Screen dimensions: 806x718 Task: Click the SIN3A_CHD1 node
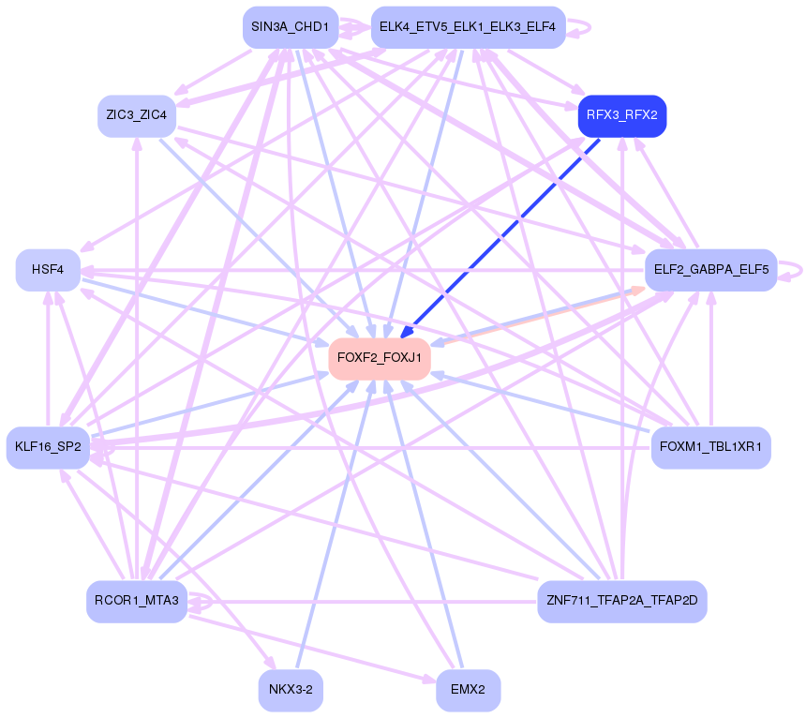pyautogui.click(x=290, y=27)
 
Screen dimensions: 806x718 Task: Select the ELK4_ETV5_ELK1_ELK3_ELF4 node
pyautogui.click(x=468, y=27)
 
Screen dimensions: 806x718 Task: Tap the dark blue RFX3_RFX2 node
pyautogui.click(x=622, y=115)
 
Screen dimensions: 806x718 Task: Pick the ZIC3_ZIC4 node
pyautogui.click(x=137, y=115)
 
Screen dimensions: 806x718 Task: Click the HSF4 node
pyautogui.click(x=48, y=270)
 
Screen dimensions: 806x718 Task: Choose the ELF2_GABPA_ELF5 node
pyautogui.click(x=710, y=270)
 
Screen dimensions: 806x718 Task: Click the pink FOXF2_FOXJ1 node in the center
pyautogui.click(x=380, y=358)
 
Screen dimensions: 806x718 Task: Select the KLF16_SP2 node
pyautogui.click(x=48, y=447)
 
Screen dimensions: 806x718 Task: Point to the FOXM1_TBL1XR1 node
pyautogui.click(x=710, y=447)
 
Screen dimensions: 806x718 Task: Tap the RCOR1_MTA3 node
pyautogui.click(x=137, y=601)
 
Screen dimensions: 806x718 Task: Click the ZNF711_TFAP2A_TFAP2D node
pyautogui.click(x=622, y=601)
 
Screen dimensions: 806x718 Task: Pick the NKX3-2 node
pyautogui.click(x=291, y=691)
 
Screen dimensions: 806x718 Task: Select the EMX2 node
pyautogui.click(x=468, y=691)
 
